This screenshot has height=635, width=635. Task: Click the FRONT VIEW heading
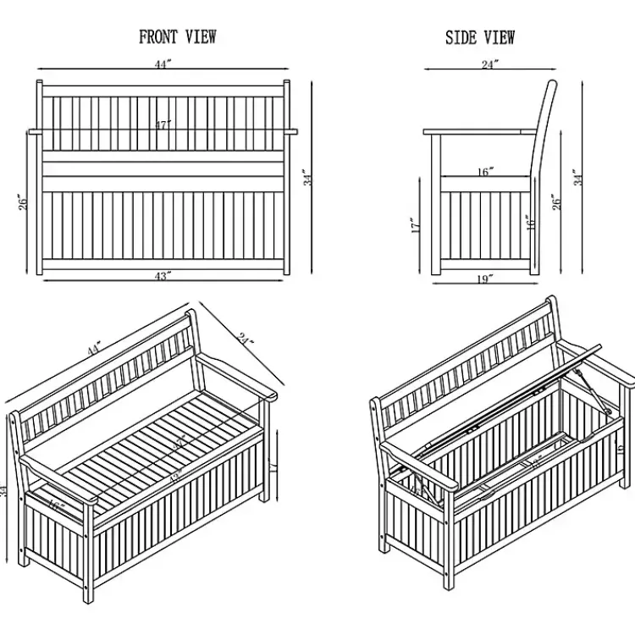tap(178, 36)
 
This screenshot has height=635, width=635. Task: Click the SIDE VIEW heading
tap(480, 38)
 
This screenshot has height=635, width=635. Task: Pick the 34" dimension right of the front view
tap(310, 177)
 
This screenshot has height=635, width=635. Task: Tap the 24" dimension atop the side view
tap(490, 64)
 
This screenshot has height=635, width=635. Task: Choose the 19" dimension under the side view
tap(484, 280)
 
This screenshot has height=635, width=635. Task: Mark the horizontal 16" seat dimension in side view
tap(484, 172)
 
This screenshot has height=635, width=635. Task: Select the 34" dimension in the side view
tap(578, 176)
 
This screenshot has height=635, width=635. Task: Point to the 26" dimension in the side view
tap(556, 202)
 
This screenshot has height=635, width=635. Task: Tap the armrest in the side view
tap(479, 131)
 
